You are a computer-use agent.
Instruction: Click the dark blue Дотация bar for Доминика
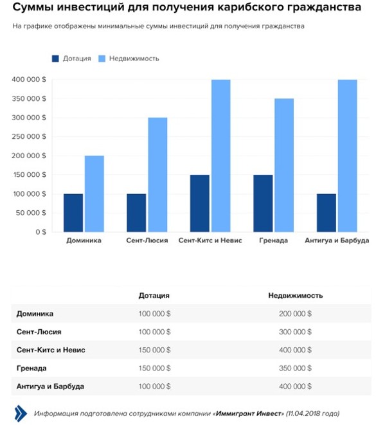click(73, 213)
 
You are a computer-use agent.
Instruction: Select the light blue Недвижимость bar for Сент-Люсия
click(157, 174)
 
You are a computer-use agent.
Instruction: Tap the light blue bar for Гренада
click(284, 165)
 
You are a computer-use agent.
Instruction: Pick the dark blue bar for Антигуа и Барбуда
click(327, 213)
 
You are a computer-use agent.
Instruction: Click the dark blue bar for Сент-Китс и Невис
click(200, 203)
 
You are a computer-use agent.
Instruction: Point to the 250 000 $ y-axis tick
click(29, 136)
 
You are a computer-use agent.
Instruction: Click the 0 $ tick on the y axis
click(40, 232)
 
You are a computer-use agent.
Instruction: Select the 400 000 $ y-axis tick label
click(29, 80)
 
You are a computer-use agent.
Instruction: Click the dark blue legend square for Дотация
click(55, 59)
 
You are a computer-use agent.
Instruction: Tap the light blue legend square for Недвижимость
click(102, 59)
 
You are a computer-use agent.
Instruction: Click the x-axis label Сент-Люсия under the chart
click(147, 240)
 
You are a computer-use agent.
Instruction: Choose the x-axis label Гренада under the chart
click(273, 240)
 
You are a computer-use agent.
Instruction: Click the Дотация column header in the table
click(154, 295)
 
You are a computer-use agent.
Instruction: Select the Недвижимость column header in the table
click(295, 295)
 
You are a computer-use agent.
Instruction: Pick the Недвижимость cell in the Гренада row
click(295, 368)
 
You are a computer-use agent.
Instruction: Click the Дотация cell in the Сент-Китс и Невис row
click(154, 350)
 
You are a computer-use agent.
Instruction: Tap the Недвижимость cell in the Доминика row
click(295, 314)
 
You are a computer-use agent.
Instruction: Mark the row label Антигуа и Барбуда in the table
click(50, 386)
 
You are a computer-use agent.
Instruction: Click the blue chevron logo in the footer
click(21, 413)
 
